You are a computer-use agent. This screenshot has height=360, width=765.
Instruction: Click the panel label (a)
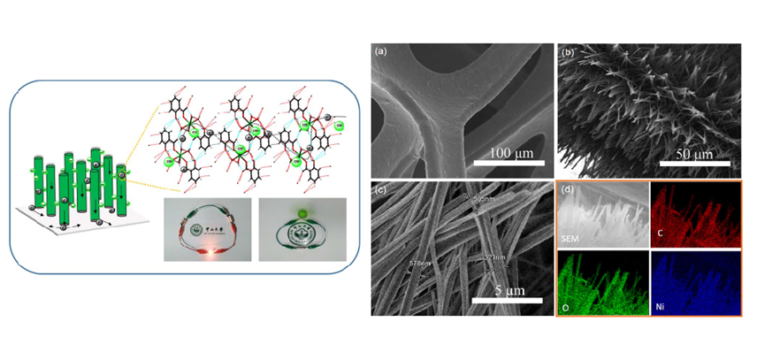click(382, 51)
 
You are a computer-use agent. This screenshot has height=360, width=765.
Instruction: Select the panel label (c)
click(381, 188)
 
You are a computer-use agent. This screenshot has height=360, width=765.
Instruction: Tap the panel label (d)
click(568, 188)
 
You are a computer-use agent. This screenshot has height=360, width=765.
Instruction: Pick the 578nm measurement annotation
click(419, 264)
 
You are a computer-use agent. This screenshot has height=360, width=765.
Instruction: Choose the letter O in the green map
click(571, 306)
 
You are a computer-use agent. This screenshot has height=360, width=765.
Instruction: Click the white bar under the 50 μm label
click(694, 163)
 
